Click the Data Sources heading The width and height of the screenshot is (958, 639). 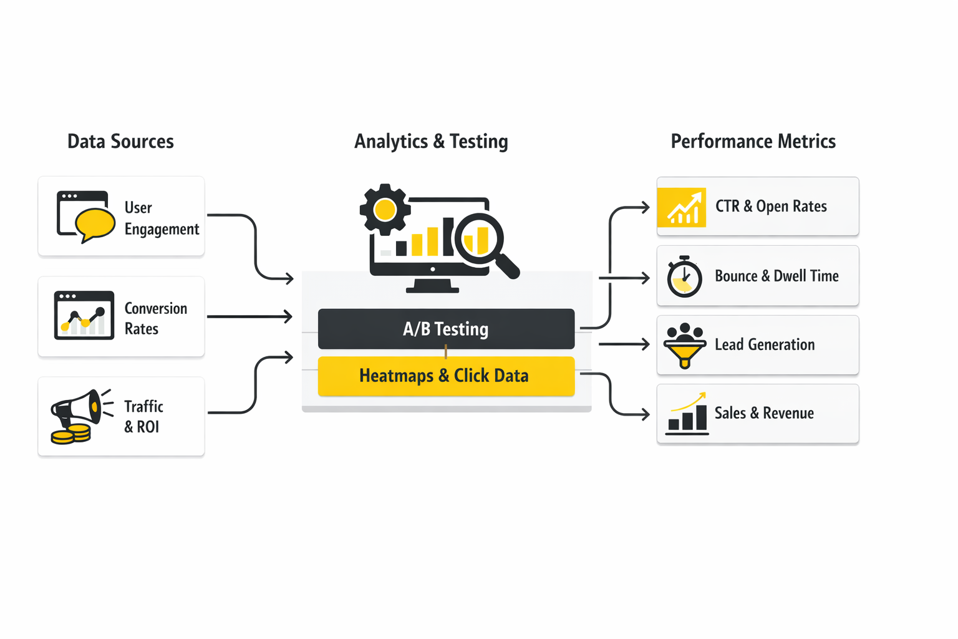click(x=120, y=142)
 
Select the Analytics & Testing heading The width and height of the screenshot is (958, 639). click(x=431, y=142)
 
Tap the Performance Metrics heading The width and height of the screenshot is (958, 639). click(x=753, y=142)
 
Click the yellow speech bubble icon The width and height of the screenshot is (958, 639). click(x=95, y=223)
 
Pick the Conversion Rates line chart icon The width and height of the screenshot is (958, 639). click(x=84, y=316)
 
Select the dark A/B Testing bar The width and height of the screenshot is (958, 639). click(x=446, y=328)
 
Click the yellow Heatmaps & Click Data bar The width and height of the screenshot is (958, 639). click(x=446, y=376)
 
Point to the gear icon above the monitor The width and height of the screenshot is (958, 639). click(x=385, y=210)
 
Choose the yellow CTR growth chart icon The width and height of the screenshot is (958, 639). click(x=682, y=207)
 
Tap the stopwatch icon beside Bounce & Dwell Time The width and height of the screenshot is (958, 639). click(x=684, y=277)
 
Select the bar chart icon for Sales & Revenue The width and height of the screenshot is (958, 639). click(x=687, y=414)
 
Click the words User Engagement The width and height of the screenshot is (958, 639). click(x=161, y=218)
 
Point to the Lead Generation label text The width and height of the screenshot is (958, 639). click(x=765, y=345)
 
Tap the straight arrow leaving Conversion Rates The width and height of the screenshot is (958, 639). click(x=249, y=316)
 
